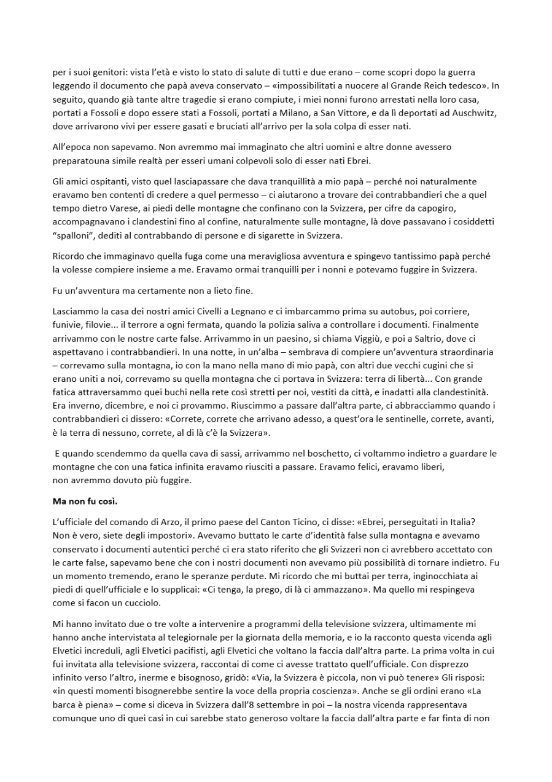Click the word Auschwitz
474,113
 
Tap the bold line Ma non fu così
85,501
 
